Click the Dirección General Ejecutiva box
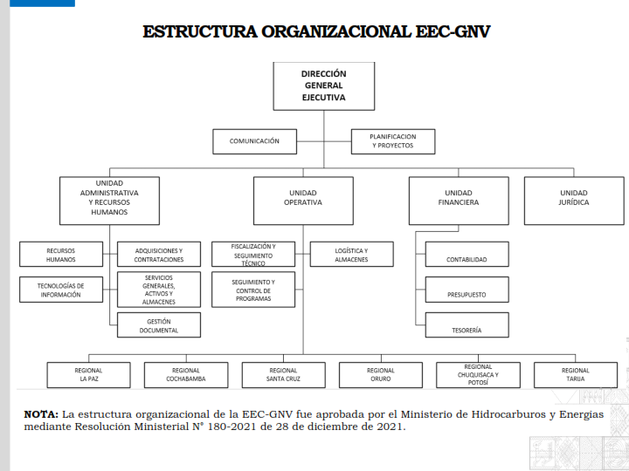point(324,86)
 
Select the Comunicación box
point(255,141)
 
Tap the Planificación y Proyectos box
point(393,141)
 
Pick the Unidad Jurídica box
point(574,201)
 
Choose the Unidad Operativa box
point(303,201)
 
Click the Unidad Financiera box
point(459,201)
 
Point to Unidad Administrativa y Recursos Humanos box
point(109,201)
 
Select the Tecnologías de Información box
point(61,290)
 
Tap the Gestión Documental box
point(159,324)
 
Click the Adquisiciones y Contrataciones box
point(159,254)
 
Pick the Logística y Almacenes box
point(352,254)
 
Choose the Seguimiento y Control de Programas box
point(253,290)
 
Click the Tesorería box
point(467,324)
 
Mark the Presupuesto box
point(467,290)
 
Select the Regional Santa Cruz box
point(284,375)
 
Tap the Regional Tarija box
point(576,375)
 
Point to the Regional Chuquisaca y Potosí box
point(478,375)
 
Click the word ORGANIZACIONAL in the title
point(336,31)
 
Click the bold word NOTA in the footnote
point(41,414)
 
